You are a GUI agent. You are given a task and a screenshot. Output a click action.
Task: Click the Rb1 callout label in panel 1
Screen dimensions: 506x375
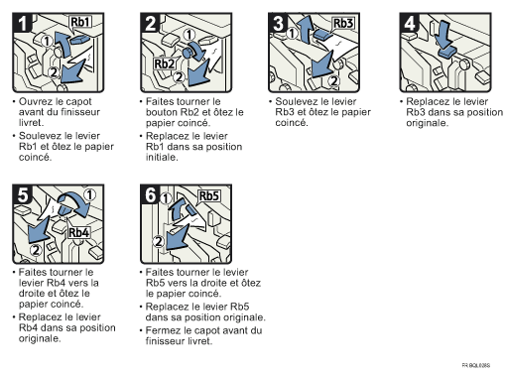tap(80, 22)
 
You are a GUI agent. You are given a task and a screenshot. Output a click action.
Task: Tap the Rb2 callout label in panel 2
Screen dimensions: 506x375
tap(165, 63)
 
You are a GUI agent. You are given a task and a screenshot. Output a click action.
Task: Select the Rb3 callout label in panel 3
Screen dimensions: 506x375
tap(343, 23)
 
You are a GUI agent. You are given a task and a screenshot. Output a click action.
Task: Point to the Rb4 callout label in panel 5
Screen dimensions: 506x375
tap(79, 232)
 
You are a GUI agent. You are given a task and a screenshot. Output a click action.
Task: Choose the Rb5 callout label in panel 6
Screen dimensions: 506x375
tap(209, 195)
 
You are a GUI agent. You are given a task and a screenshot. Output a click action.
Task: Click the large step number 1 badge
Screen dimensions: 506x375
tap(22, 23)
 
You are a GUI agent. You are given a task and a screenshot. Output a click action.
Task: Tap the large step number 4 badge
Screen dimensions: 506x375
tap(410, 23)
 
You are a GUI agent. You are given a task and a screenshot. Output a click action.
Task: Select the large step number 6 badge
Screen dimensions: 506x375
tap(151, 194)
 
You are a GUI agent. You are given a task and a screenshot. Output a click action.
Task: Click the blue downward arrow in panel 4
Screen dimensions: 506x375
tap(443, 35)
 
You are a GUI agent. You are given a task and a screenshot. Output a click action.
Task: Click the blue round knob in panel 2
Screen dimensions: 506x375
tap(188, 53)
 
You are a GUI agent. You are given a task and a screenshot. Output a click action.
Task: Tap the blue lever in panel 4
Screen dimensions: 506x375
tap(447, 53)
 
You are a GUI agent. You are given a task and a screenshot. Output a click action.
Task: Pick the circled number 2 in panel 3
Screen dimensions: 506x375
tap(334, 80)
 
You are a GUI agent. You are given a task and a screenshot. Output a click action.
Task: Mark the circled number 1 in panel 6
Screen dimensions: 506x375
tap(166, 198)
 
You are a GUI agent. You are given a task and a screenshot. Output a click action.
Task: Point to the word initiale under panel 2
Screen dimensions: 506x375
tap(162, 157)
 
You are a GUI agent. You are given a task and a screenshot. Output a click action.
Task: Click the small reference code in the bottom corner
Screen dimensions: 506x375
tap(476, 365)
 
